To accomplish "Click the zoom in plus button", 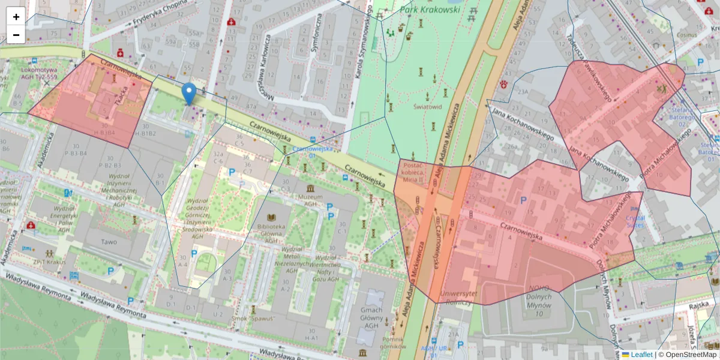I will [16, 17].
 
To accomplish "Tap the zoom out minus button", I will [16, 35].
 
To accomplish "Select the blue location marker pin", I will [189, 94].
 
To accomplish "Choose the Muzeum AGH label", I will [310, 200].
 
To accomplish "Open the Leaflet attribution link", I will [641, 355].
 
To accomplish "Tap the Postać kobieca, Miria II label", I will [413, 172].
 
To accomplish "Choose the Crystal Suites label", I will [635, 222].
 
